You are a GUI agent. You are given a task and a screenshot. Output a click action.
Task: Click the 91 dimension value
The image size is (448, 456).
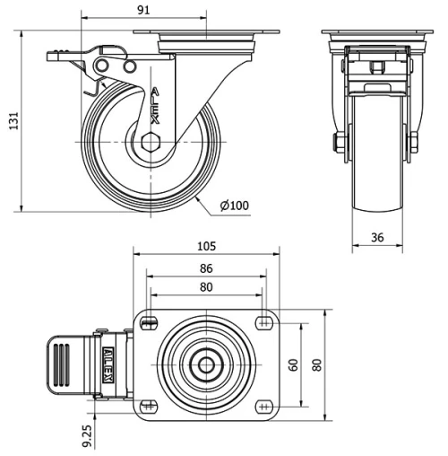tap(142, 8)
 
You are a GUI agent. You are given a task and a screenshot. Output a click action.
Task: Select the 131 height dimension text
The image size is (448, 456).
tap(12, 120)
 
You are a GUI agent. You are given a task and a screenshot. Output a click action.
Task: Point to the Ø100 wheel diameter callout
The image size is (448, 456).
tap(234, 206)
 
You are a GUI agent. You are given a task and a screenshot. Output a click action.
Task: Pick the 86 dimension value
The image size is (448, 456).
tap(206, 267)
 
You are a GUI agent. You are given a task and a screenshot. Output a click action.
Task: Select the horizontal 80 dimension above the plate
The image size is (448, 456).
tap(206, 288)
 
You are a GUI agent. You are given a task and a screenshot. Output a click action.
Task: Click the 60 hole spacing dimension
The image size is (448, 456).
tap(292, 364)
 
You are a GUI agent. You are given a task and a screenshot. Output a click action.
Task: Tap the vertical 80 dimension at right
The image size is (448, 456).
tap(315, 364)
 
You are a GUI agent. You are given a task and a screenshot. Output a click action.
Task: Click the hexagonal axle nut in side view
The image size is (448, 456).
tap(149, 142)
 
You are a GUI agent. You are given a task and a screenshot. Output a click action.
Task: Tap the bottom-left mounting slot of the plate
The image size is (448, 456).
tap(150, 407)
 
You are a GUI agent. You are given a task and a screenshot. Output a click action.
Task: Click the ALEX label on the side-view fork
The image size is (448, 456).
tap(156, 103)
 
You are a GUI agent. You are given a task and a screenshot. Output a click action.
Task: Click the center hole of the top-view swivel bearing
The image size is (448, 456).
tap(206, 364)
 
